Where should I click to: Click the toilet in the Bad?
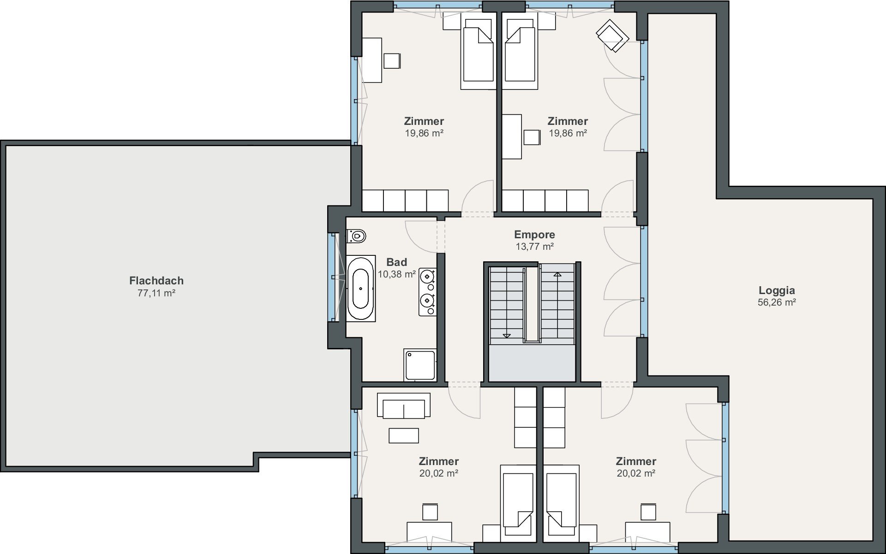coord(356,236)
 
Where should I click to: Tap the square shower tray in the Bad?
coord(420,365)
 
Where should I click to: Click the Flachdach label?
coord(156,280)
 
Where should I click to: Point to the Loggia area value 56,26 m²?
coord(777,302)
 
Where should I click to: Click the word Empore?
coord(534,235)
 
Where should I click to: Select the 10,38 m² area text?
coord(397,274)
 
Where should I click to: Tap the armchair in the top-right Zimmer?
coord(612,35)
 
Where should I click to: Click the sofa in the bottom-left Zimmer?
coord(404,406)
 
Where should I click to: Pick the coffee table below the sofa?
coord(404,436)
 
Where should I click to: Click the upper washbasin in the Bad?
coord(428,277)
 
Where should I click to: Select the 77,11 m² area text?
coord(156,293)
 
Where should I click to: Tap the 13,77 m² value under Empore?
coord(534,247)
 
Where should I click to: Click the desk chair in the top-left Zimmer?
coord(392,61)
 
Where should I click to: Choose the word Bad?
coord(397,262)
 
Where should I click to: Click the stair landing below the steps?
coord(532,362)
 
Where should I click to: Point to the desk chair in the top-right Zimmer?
coord(532,137)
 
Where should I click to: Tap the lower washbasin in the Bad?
coord(428,301)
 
